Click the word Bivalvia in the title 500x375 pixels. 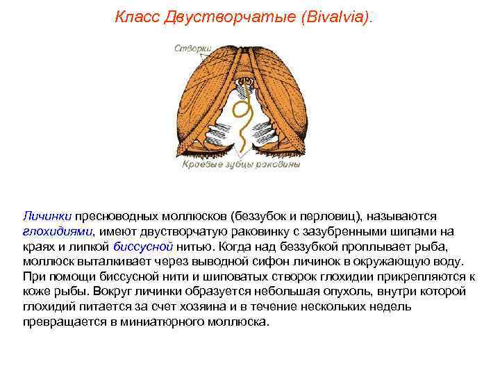point(338,16)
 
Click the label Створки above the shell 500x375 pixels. point(194,48)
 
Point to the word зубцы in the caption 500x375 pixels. point(241,165)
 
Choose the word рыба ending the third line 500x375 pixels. point(441,246)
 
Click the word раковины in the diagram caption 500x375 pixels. point(280,165)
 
